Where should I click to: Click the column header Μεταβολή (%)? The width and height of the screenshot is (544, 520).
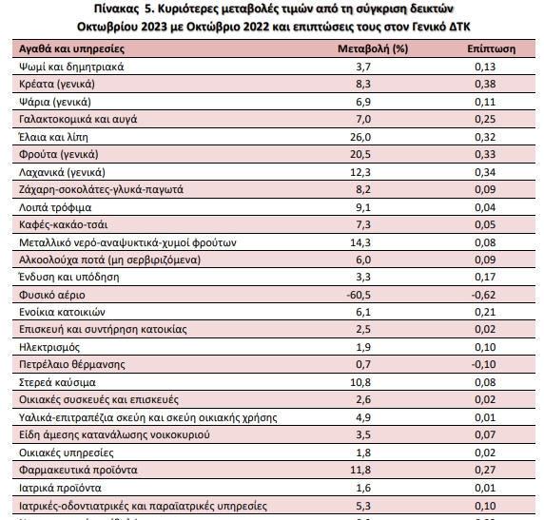[373, 48]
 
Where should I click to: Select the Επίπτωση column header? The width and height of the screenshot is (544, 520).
[492, 48]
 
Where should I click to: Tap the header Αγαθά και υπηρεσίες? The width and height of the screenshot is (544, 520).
[71, 48]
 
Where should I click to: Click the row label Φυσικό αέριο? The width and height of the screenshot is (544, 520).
[52, 295]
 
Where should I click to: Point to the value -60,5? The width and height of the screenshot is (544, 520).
[359, 295]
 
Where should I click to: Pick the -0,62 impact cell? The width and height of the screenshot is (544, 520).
[483, 295]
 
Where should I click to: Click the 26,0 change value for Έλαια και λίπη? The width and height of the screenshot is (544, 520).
[360, 137]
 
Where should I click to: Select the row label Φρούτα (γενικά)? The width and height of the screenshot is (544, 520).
[59, 154]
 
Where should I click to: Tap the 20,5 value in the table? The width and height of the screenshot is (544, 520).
[360, 154]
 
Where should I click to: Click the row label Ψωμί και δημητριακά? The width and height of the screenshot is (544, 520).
[71, 67]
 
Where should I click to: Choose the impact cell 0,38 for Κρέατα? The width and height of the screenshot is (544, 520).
[485, 84]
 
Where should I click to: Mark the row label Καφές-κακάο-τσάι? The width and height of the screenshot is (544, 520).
[63, 224]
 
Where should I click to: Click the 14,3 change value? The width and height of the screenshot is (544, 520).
[360, 242]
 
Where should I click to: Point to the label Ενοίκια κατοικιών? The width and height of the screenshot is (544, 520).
[62, 312]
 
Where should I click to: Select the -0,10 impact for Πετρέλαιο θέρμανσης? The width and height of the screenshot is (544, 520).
[483, 364]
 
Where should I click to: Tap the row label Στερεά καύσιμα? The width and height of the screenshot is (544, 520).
[57, 382]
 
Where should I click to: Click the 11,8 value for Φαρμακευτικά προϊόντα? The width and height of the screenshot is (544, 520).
[360, 470]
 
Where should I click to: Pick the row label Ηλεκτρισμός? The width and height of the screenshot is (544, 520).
[49, 347]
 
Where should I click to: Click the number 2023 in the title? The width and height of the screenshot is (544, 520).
[154, 27]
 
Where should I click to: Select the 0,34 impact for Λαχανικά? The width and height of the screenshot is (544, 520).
[485, 172]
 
